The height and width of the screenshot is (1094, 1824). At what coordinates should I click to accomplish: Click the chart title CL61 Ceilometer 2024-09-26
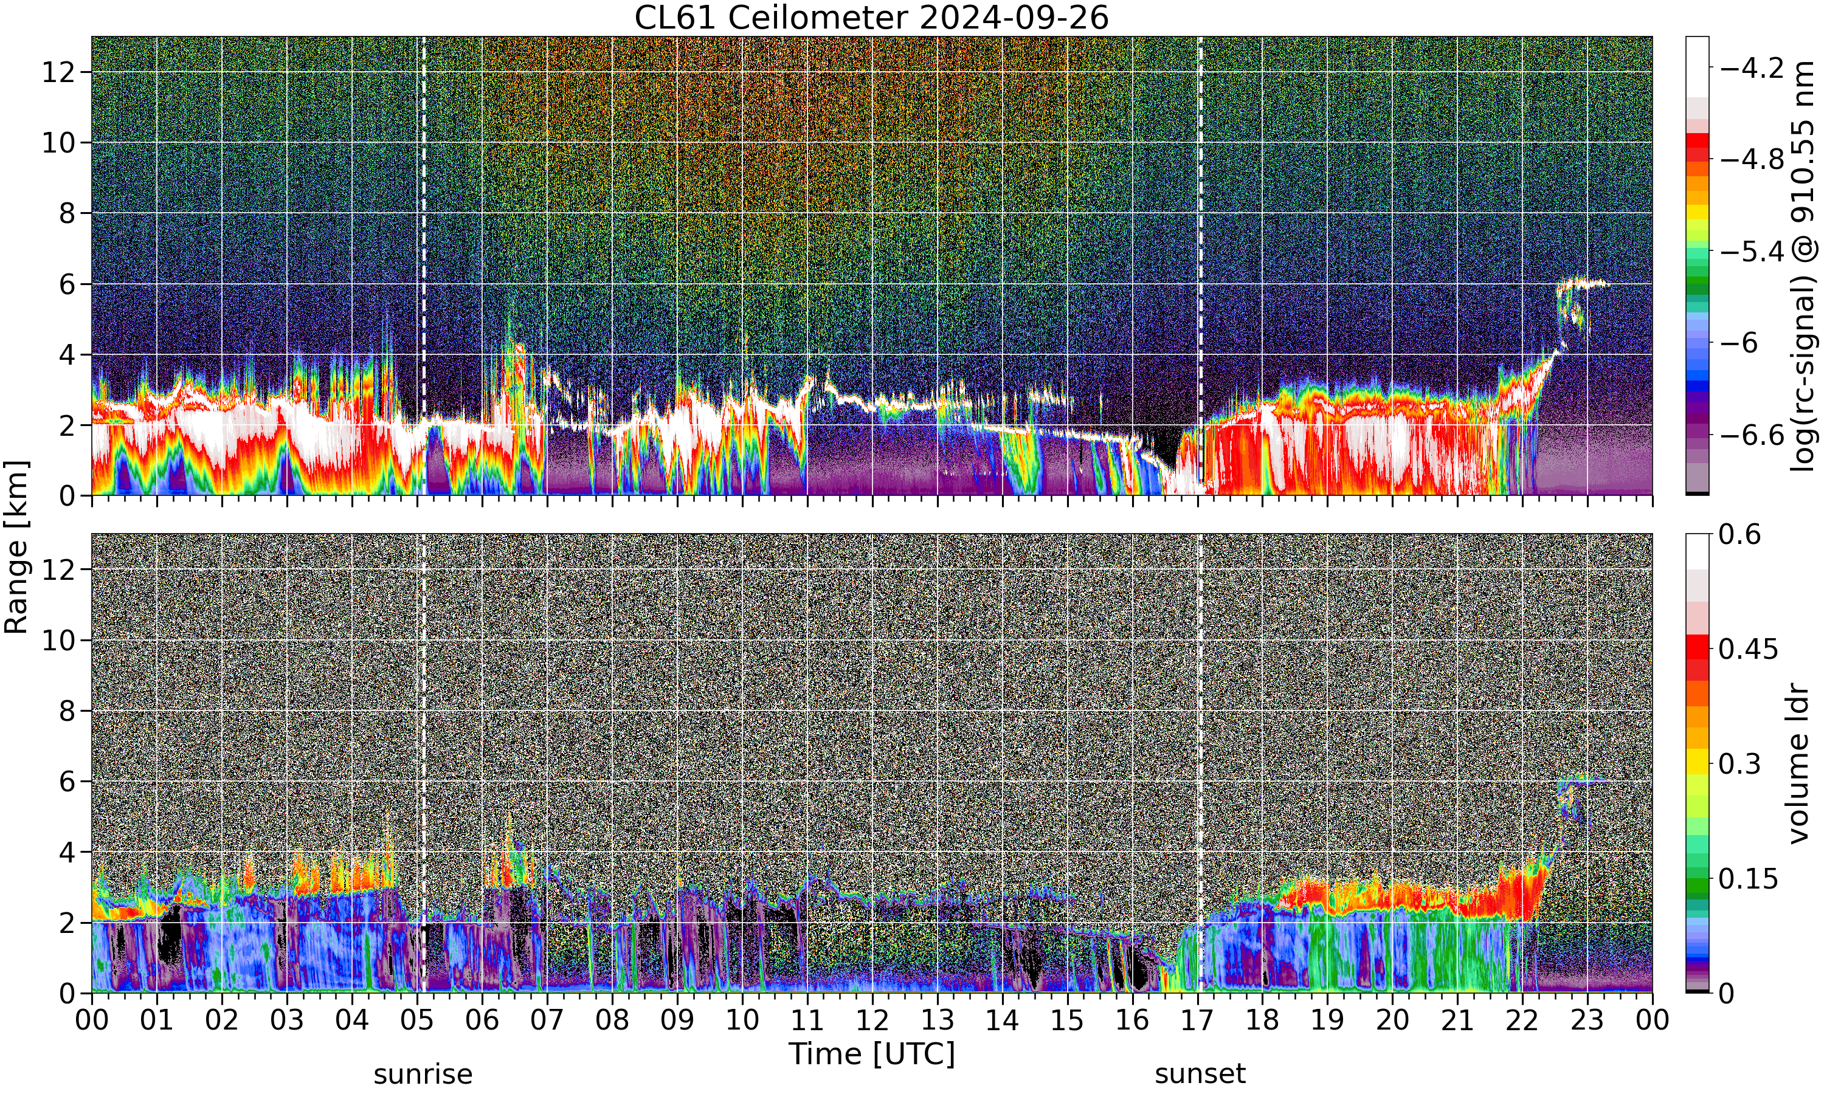coord(871,18)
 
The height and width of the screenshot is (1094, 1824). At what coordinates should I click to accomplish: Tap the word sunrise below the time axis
coord(423,1074)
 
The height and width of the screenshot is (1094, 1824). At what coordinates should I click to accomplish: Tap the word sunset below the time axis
coord(1200,1074)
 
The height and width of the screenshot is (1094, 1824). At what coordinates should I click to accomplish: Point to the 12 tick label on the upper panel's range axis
coord(58,72)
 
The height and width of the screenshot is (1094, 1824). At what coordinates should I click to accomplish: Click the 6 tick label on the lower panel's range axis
coord(67,782)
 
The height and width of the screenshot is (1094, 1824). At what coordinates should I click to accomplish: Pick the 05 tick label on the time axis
coord(416,1020)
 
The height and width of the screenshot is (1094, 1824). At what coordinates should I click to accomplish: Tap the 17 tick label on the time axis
coord(1197,1020)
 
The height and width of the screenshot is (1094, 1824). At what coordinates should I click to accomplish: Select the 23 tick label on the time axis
coord(1587,1020)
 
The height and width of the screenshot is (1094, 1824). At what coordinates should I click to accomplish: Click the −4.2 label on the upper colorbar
coord(1752,68)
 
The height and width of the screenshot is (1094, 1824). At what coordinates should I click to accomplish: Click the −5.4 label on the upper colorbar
coord(1752,252)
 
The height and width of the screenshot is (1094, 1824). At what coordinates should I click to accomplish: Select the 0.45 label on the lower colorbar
coord(1749,650)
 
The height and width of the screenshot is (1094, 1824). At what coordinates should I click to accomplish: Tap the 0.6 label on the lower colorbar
coord(1740,534)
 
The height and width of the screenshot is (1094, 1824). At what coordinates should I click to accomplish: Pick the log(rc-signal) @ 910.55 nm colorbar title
coord(1802,266)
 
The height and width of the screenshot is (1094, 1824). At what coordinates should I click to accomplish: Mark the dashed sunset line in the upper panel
coord(1200,266)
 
